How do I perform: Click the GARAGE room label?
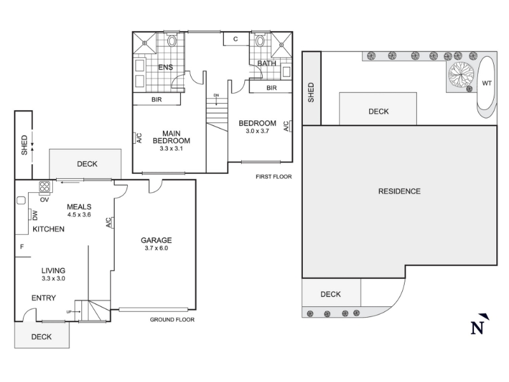tap(156, 240)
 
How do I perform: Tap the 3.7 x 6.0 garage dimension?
tap(156, 248)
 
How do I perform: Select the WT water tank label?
tap(487, 83)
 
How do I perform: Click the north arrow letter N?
tap(478, 328)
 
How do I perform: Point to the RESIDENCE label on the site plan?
tap(400, 191)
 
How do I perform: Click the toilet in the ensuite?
tap(172, 41)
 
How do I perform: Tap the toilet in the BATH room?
tap(260, 41)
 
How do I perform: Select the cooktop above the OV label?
tap(45, 187)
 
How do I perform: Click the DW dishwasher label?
tap(35, 215)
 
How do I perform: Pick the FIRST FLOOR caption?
tap(274, 177)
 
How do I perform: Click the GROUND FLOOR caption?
tap(172, 320)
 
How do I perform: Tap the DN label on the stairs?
tap(216, 95)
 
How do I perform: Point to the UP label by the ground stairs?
tap(69, 312)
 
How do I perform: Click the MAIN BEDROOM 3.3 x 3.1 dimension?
tap(171, 148)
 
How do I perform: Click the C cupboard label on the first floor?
tap(235, 39)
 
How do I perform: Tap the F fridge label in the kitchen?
tap(22, 247)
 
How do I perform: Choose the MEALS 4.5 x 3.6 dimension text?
tap(79, 215)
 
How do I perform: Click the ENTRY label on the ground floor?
tap(43, 298)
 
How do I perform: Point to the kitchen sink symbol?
tap(21, 201)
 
